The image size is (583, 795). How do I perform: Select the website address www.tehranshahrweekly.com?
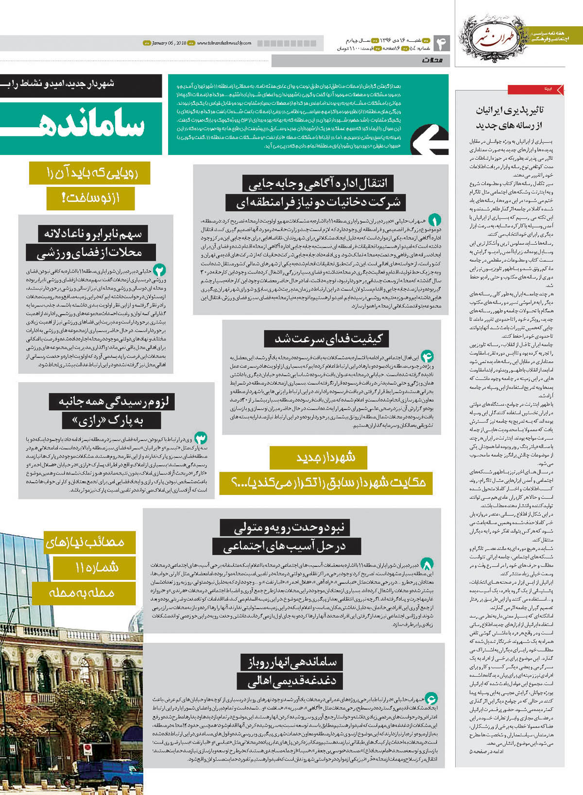click(x=224, y=43)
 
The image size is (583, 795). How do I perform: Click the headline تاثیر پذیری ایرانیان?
click(x=510, y=110)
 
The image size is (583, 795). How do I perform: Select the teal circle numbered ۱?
click(x=434, y=220)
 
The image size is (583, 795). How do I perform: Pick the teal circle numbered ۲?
click(x=159, y=270)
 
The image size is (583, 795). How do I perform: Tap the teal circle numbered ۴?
click(x=427, y=356)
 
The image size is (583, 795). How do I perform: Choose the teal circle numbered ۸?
click(x=427, y=564)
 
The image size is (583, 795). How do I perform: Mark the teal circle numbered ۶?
click(x=431, y=698)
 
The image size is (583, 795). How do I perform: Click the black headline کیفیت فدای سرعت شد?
click(x=329, y=338)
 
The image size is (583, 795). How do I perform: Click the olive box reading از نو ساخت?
click(x=90, y=198)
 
